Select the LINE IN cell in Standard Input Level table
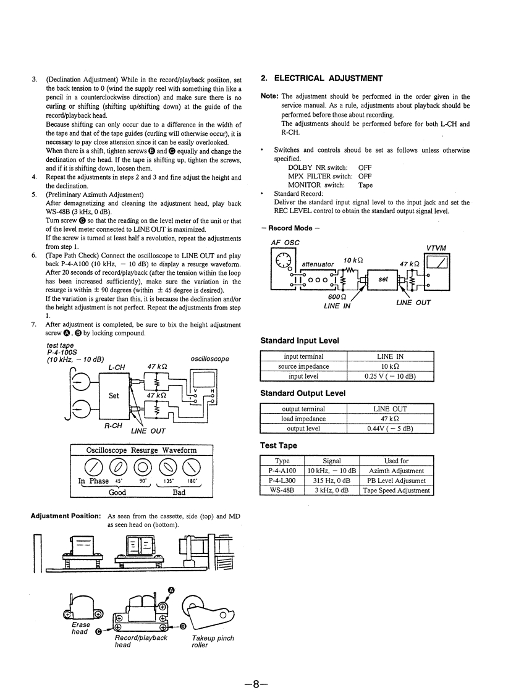pos(391,356)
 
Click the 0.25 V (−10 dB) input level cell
pos(391,376)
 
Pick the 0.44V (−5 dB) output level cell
pos(391,429)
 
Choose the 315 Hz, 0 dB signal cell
pos(332,481)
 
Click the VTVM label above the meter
pos(436,248)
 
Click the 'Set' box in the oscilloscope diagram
pos(114,396)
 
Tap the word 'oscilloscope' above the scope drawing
pos(210,359)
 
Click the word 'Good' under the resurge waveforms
pos(117,492)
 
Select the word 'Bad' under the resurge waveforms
pos(179,492)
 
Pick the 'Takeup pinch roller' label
pos(213,641)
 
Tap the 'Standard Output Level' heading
pos(303,393)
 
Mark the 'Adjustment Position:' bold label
pos(66,516)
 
